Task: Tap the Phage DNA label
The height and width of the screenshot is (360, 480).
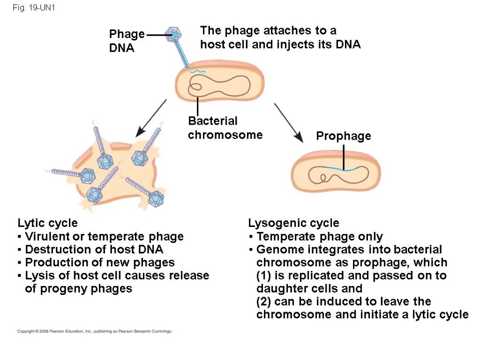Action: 127,41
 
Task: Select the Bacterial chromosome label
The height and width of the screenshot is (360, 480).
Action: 225,128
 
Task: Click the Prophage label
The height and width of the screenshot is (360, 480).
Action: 343,136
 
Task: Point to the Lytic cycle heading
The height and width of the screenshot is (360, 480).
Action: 47,223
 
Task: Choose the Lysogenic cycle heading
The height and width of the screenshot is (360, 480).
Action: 293,223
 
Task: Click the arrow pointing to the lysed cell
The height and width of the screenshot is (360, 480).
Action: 151,118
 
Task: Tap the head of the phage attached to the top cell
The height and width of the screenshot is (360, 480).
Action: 175,33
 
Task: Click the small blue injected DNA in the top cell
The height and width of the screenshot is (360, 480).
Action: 198,71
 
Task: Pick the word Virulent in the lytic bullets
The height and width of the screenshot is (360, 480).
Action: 45,236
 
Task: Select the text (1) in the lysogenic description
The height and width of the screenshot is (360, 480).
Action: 265,275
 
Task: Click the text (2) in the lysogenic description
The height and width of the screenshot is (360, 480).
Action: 265,301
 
